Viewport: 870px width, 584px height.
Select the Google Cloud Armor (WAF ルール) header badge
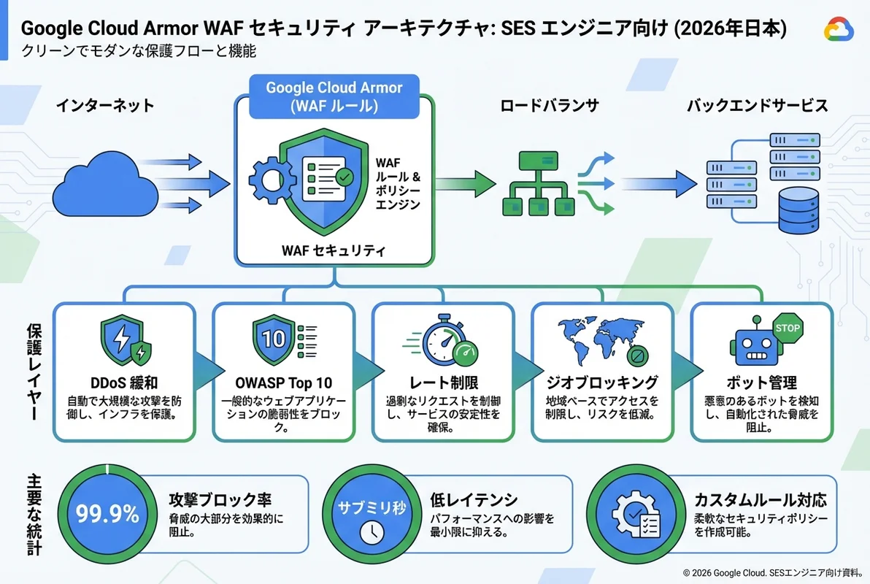(334, 96)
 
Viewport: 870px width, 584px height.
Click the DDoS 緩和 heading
(125, 383)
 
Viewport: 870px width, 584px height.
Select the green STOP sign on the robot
(786, 328)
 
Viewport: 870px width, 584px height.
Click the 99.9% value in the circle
(107, 515)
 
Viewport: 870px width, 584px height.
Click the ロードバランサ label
(549, 106)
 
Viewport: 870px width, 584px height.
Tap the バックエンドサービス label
(757, 106)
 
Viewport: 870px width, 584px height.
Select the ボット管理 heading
(761, 383)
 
